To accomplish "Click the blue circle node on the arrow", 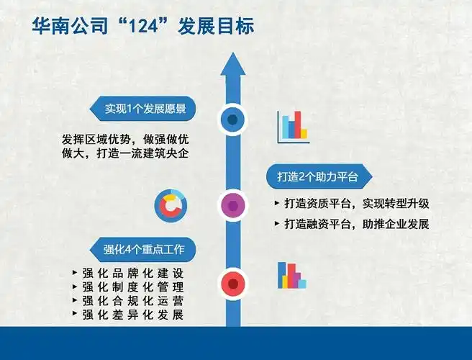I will coord(232,120).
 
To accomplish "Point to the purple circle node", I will coord(232,207).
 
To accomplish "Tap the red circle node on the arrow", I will coord(232,283).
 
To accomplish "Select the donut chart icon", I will coord(171,207).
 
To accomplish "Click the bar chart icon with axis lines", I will coord(293,127).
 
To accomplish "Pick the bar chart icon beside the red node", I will coord(292,276).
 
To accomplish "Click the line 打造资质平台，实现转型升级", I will coord(352,204).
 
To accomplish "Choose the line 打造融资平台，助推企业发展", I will coord(352,224).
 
